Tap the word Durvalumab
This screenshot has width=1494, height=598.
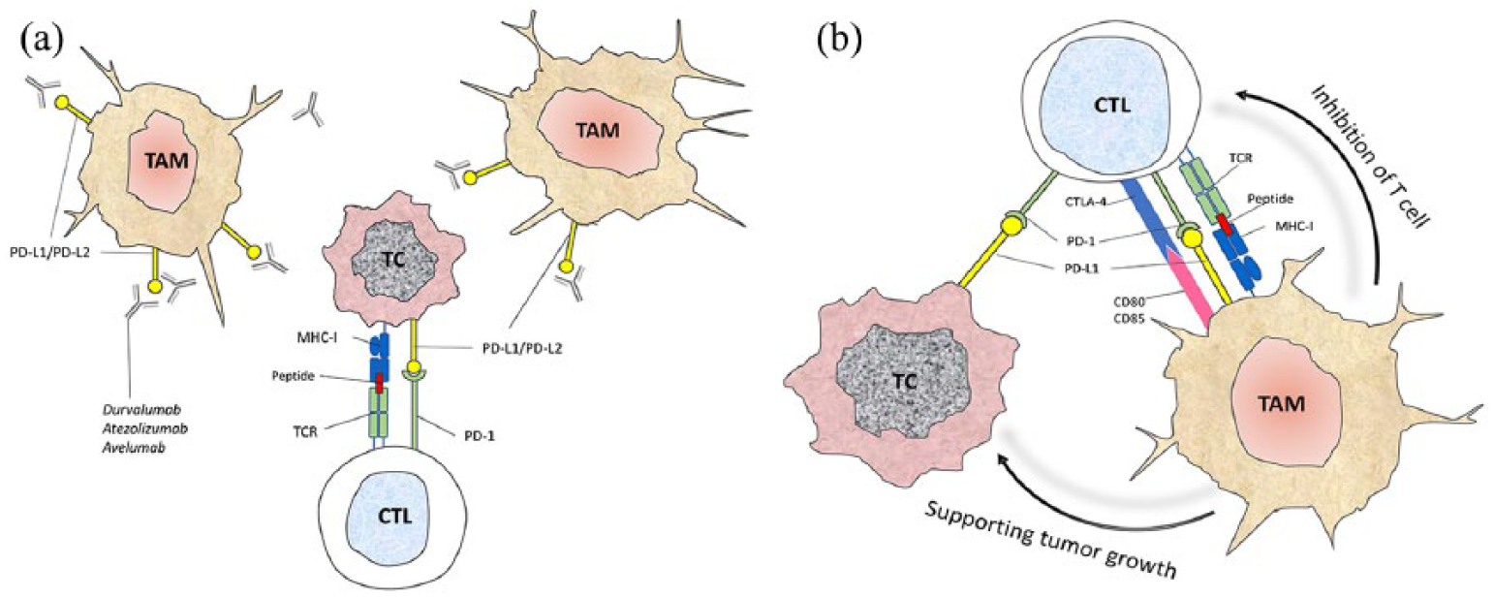pos(141,409)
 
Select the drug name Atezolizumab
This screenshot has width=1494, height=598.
pos(144,428)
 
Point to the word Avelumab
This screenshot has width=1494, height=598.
pos(134,448)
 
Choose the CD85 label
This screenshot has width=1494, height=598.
pos(1131,319)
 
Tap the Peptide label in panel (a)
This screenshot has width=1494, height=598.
pos(293,376)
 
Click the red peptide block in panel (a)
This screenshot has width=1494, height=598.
pos(379,383)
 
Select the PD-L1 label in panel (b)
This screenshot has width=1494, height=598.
pos(1082,269)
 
